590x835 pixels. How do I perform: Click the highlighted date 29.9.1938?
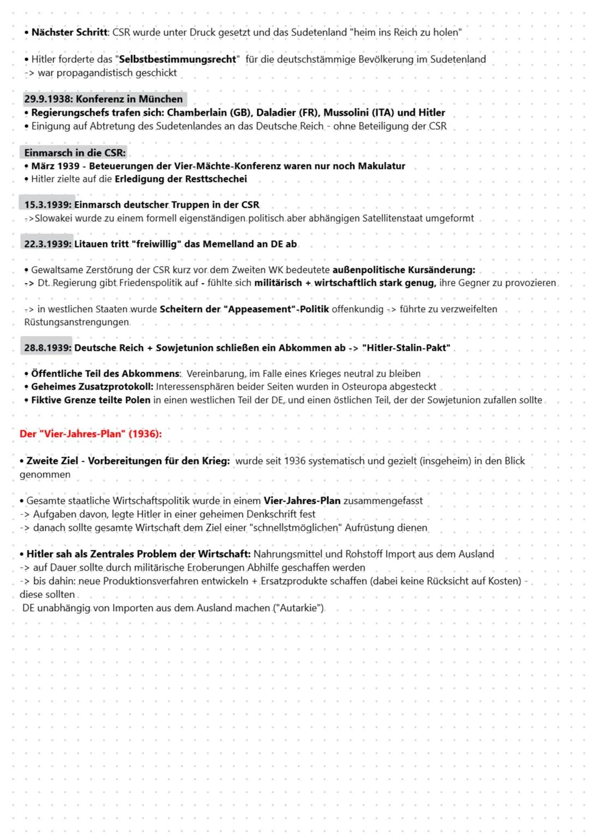coord(48,99)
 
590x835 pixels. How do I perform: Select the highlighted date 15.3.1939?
coord(48,205)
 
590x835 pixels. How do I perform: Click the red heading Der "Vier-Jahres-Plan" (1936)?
coord(91,434)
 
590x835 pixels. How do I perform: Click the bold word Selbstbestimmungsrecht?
coord(178,60)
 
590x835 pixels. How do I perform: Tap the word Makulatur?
coord(381,166)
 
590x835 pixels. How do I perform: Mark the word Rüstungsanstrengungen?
coord(76,322)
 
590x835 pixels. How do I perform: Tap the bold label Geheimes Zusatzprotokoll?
coord(92,387)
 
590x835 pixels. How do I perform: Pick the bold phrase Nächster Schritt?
coord(69,33)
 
